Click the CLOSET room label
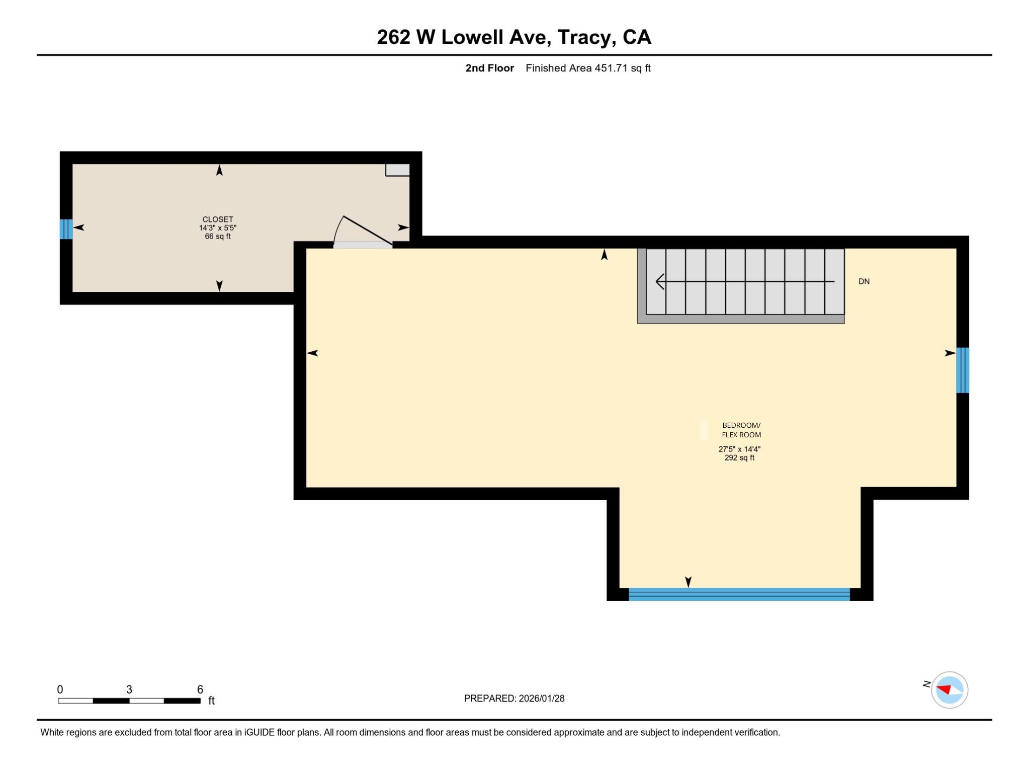[217, 219]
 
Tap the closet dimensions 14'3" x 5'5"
[217, 228]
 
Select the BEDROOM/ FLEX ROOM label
[741, 430]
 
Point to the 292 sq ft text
[739, 458]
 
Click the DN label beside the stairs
[864, 282]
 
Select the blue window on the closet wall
[66, 229]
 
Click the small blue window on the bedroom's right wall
[962, 370]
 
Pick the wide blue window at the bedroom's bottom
[739, 594]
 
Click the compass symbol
[949, 690]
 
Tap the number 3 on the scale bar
[129, 689]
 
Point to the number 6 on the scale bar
[200, 689]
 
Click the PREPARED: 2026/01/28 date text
[514, 699]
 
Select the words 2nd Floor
[489, 68]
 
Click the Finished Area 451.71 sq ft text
[588, 68]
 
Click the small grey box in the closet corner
[397, 170]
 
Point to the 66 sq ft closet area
[217, 237]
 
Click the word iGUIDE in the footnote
[259, 733]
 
